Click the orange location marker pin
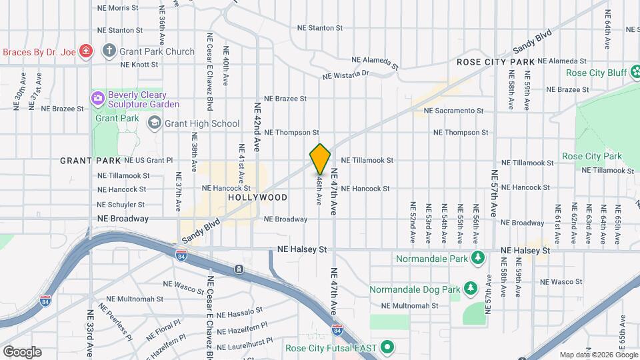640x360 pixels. [321, 159]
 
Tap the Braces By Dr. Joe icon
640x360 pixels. [85, 51]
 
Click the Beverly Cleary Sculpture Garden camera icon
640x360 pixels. [99, 99]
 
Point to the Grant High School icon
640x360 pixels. [155, 123]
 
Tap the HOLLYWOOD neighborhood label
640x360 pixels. [257, 198]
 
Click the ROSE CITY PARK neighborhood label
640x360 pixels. [496, 62]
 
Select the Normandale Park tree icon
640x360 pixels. [477, 257]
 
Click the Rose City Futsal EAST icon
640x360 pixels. [386, 348]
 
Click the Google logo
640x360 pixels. [22, 351]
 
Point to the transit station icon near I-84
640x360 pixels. [239, 269]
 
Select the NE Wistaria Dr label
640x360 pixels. [345, 75]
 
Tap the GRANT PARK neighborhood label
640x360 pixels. [90, 161]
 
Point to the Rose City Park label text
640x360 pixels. [592, 157]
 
